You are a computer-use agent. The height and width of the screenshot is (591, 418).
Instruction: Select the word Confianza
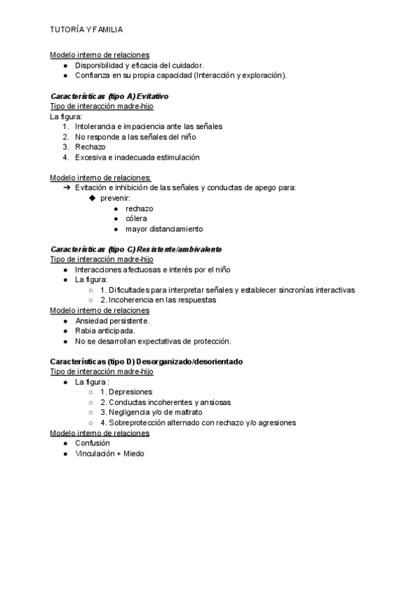94,75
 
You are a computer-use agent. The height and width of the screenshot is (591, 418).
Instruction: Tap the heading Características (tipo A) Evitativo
109,95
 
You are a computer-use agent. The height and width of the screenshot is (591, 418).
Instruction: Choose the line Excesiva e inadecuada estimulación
137,158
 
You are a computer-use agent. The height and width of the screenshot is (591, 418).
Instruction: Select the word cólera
136,218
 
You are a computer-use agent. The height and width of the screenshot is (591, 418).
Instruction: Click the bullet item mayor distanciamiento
164,229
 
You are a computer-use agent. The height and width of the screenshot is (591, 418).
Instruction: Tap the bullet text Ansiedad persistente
112,321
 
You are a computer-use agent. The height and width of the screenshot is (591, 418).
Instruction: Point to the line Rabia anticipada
105,331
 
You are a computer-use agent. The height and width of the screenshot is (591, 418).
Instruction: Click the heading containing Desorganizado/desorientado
146,362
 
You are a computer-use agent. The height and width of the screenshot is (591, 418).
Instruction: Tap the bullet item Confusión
93,443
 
